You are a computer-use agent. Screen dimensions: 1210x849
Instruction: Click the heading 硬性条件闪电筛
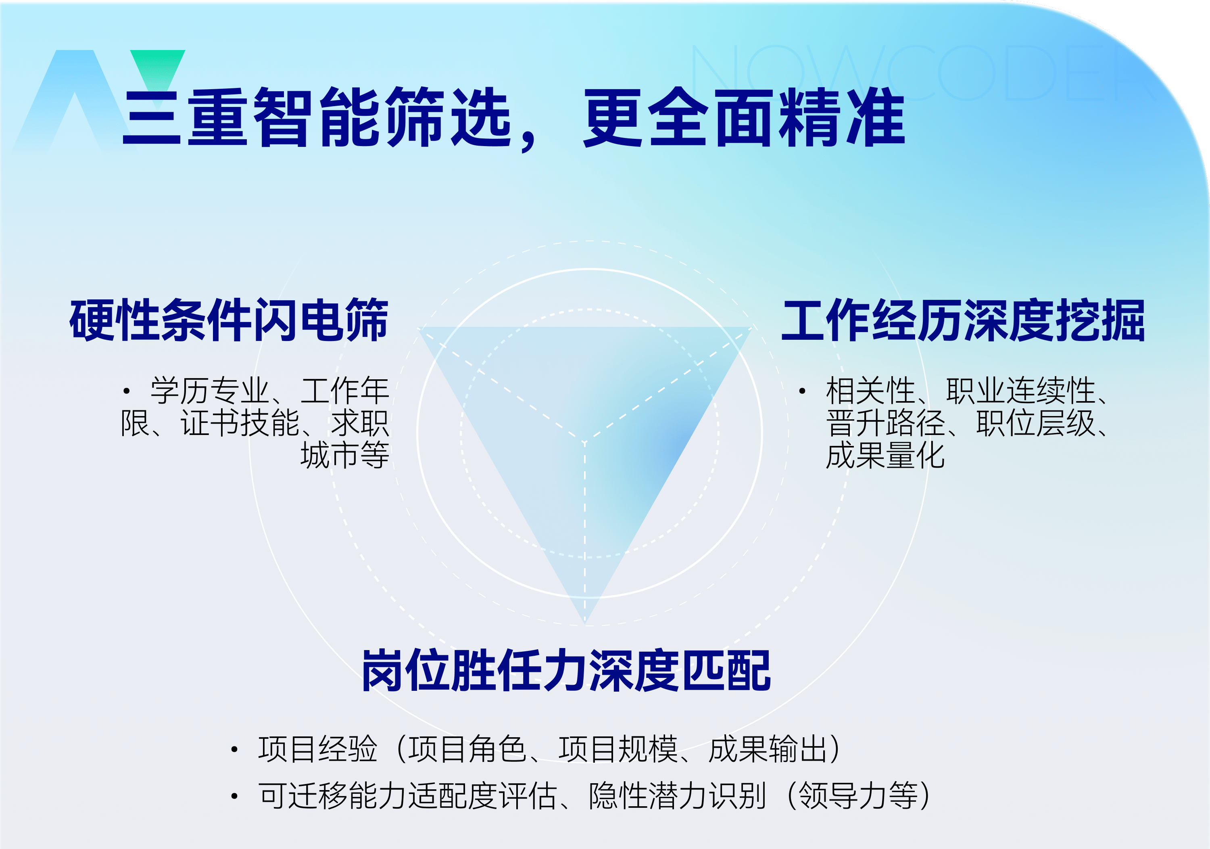coord(229,320)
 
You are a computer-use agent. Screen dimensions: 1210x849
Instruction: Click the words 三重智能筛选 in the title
coord(317,117)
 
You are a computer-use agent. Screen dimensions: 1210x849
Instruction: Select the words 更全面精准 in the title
coord(744,117)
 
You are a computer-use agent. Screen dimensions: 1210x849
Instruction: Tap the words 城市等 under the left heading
coord(345,455)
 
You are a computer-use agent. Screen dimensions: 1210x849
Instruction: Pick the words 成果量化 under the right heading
coord(885,455)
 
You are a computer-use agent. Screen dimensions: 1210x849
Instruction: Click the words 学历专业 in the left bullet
coord(210,391)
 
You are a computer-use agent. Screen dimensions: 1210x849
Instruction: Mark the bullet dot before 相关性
coord(802,391)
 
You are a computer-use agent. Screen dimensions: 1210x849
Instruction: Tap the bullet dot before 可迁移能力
coord(234,795)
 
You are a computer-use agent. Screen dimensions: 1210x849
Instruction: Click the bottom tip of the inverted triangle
coord(585,625)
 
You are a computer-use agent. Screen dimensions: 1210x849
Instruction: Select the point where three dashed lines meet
coord(584,442)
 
